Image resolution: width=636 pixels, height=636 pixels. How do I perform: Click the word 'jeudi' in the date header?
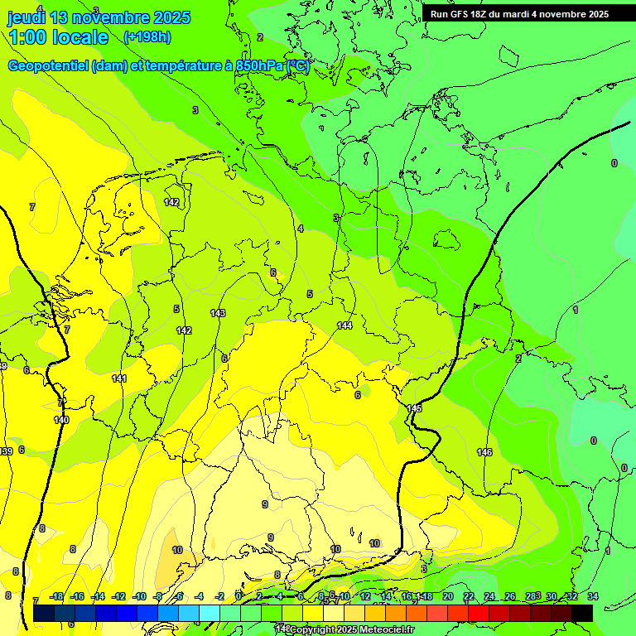pos(26,17)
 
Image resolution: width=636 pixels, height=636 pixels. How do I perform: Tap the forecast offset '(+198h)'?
pos(147,36)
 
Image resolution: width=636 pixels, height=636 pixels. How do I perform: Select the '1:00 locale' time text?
pos(58,37)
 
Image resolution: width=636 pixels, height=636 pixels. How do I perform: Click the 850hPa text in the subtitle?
pos(254,66)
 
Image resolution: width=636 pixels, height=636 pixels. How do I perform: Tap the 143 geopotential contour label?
pos(218,313)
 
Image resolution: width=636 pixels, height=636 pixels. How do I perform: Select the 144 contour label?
pos(344,325)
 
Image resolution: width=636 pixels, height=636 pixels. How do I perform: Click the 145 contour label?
pos(414,408)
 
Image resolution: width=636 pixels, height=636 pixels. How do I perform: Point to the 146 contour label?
pos(484,452)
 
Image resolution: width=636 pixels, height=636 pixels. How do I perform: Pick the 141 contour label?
pos(119,378)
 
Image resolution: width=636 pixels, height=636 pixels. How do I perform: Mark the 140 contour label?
pos(61,420)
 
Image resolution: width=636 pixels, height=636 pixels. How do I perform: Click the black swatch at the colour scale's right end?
pos(582,612)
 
